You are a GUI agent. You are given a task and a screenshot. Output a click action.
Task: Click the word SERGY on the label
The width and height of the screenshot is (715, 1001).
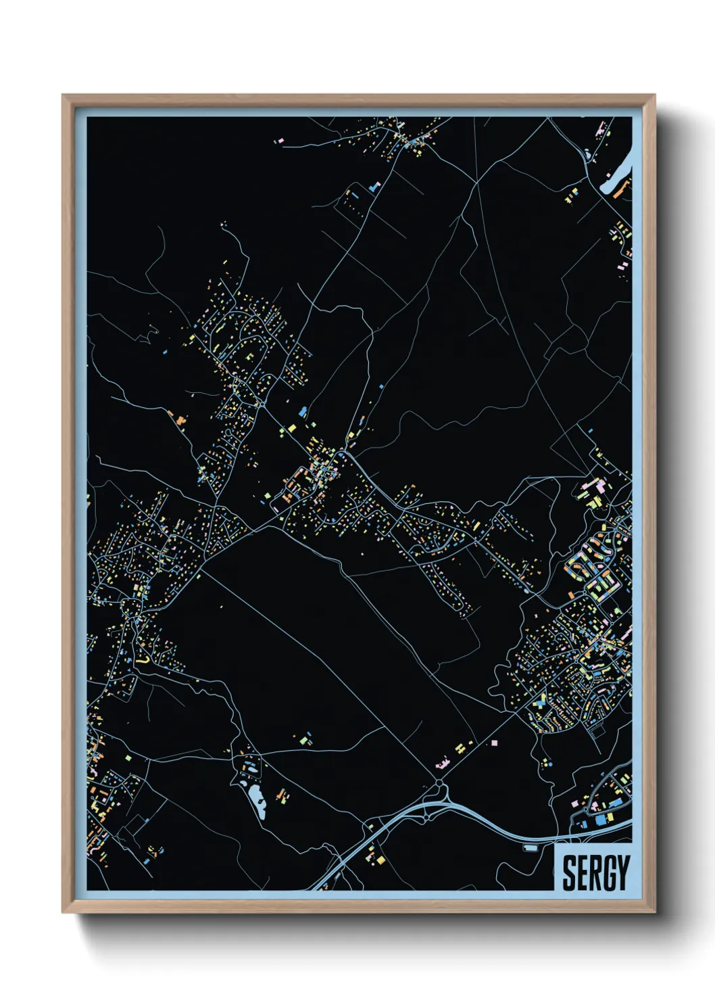[595, 872]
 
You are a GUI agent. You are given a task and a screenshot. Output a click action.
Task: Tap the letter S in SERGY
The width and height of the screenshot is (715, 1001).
[569, 872]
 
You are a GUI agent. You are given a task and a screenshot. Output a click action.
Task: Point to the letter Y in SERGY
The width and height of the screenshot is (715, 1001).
[622, 872]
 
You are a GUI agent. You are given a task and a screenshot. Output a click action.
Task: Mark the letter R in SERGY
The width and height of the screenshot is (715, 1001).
[595, 872]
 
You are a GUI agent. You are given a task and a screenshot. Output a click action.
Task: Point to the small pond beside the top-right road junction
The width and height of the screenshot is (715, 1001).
[589, 154]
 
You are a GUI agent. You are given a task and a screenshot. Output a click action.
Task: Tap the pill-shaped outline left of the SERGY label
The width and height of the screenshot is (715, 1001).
[532, 847]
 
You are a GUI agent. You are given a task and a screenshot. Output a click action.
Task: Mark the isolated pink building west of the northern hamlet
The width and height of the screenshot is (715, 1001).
[280, 141]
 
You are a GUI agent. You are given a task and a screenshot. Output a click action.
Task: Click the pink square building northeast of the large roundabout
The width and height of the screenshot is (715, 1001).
[493, 742]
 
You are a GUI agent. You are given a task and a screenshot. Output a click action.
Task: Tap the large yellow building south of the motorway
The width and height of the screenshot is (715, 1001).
[380, 860]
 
